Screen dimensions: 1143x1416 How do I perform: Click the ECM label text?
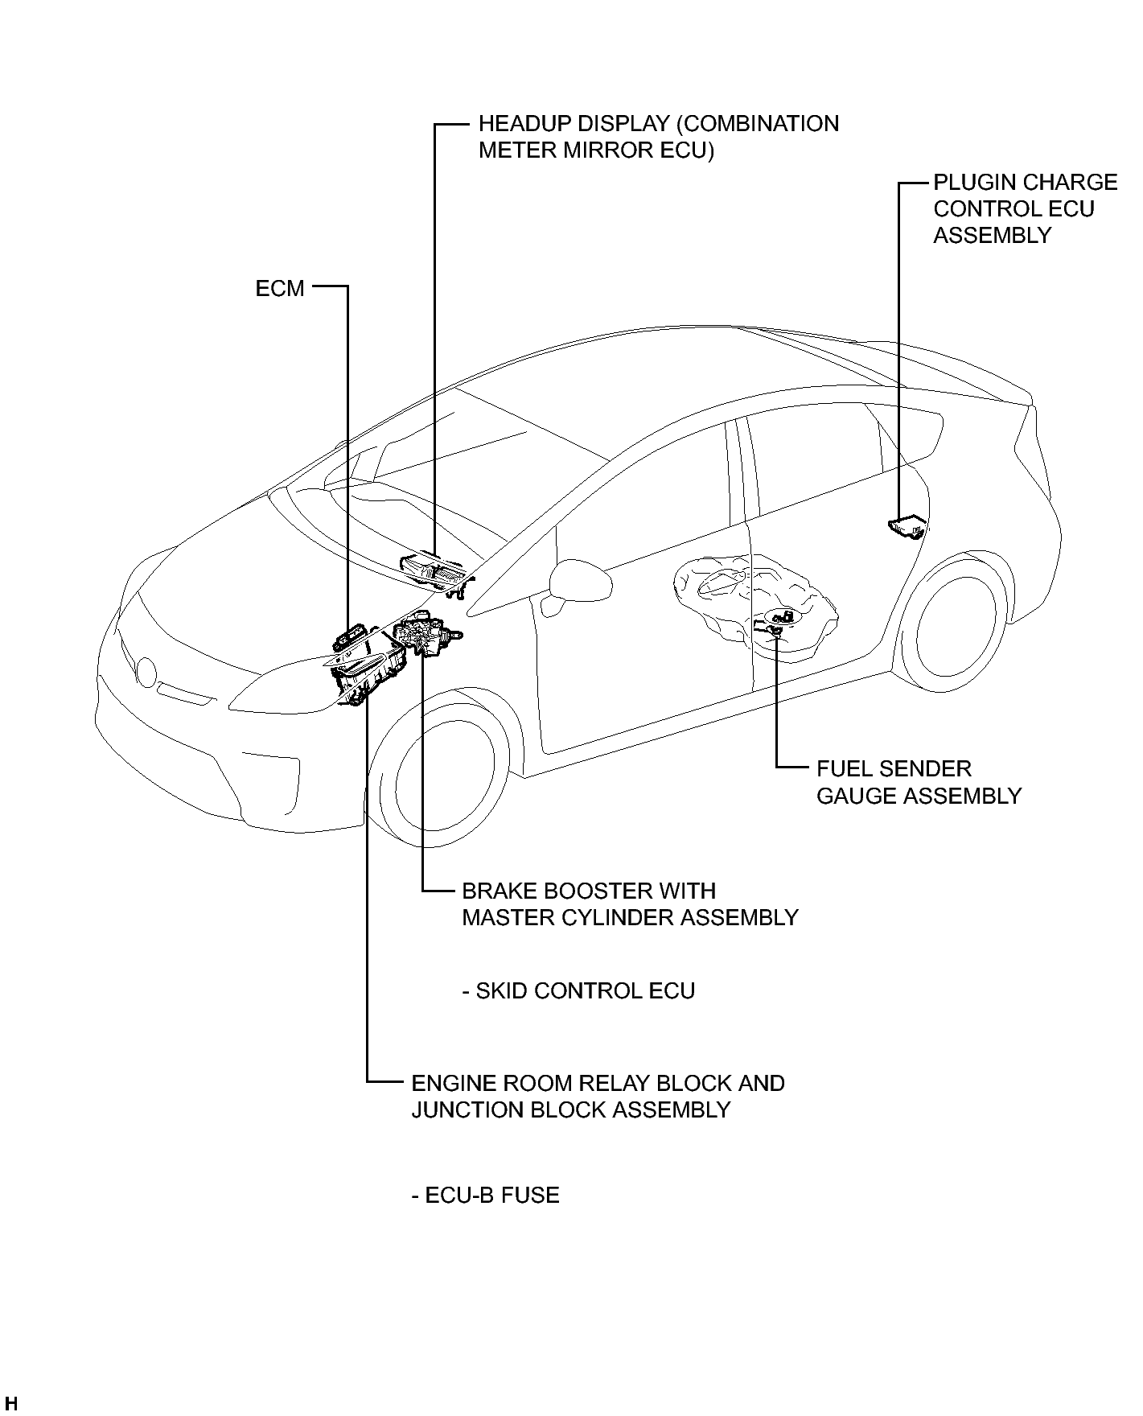pyautogui.click(x=280, y=288)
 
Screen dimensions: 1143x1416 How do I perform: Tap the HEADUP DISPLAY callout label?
pyautogui.click(x=658, y=137)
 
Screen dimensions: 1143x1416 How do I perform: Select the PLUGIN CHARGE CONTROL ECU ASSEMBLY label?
pyautogui.click(x=1025, y=208)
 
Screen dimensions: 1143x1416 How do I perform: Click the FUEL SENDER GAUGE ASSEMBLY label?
pyautogui.click(x=919, y=782)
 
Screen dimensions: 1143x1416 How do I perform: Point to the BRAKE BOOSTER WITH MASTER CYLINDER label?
pyautogui.click(x=630, y=904)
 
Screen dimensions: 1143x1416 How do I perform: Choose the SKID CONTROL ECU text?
pyautogui.click(x=578, y=990)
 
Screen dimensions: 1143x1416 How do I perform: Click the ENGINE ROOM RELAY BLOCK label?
pyautogui.click(x=598, y=1096)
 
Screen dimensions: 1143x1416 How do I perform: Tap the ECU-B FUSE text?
pyautogui.click(x=485, y=1195)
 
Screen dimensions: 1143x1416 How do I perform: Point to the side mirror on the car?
pyautogui.click(x=570, y=583)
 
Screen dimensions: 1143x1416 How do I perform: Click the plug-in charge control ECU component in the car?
pyautogui.click(x=907, y=526)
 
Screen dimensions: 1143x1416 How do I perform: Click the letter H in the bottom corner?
pyautogui.click(x=10, y=1404)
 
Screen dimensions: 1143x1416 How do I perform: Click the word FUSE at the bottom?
pyautogui.click(x=529, y=1195)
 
